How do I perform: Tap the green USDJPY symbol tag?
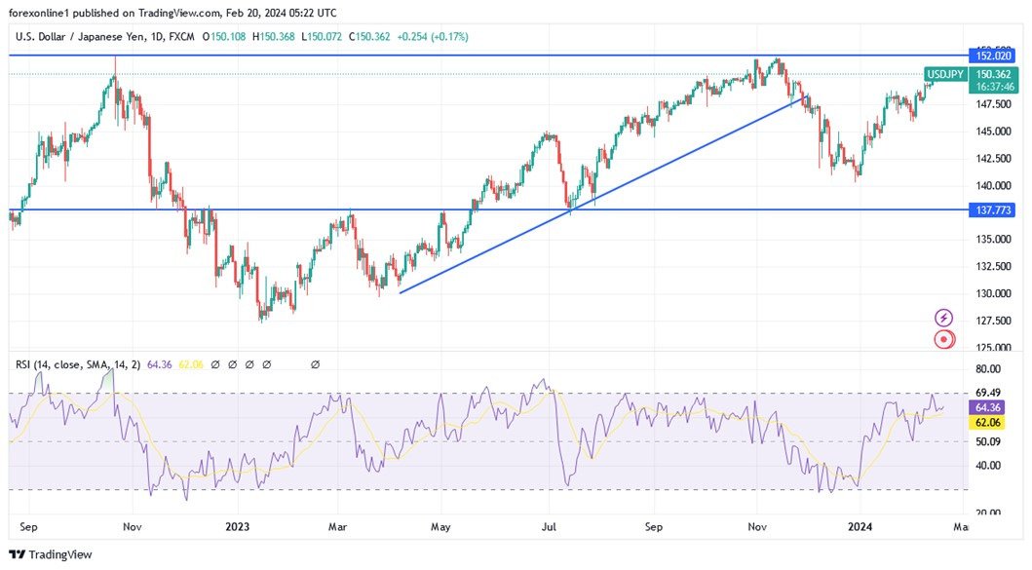click(x=944, y=74)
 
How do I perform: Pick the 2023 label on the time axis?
click(x=238, y=527)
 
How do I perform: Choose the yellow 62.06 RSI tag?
click(x=989, y=423)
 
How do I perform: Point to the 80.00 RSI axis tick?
click(x=988, y=369)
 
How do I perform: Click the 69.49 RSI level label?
click(x=988, y=393)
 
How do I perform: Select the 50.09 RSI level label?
click(x=988, y=441)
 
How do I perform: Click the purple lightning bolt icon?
click(x=943, y=318)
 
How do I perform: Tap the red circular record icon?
click(x=943, y=339)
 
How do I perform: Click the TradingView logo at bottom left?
click(x=51, y=554)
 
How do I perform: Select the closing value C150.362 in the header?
click(x=372, y=37)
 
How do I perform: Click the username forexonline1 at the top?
click(x=46, y=13)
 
